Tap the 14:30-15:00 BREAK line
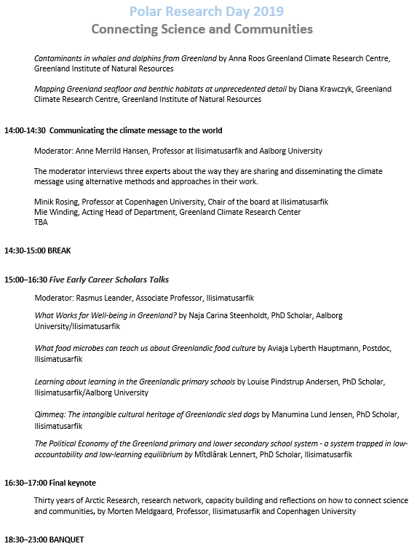pyautogui.click(x=41, y=250)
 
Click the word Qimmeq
pyautogui.click(x=50, y=414)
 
